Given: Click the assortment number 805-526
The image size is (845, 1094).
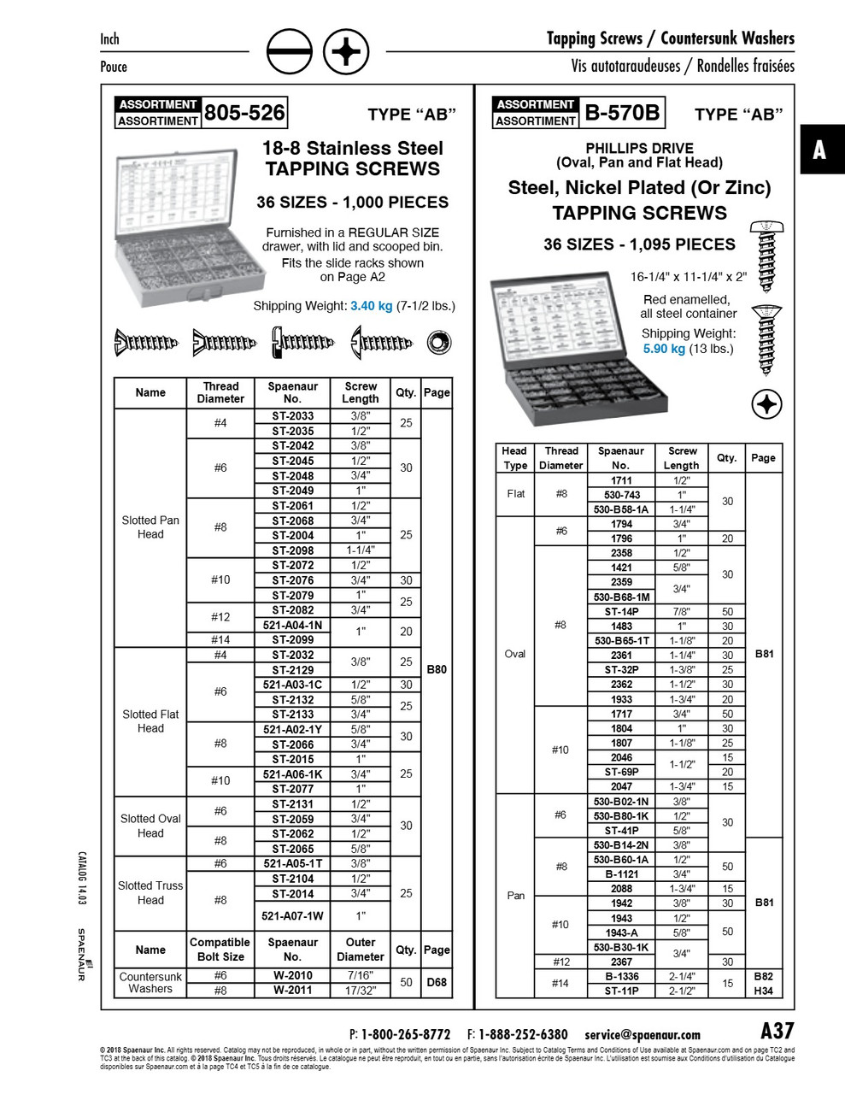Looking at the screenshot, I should click(244, 112).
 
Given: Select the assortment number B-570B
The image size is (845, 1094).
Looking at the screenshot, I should click(622, 112).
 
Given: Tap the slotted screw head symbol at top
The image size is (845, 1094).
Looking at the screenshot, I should click(289, 53).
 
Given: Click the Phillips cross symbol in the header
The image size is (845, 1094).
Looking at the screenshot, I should click(346, 53).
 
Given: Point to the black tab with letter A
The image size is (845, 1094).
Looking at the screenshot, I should click(819, 150).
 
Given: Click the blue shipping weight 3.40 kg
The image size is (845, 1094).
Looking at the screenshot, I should click(371, 306).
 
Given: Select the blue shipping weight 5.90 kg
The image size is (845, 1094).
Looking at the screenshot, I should click(664, 349).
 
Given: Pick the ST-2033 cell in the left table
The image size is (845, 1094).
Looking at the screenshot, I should click(292, 416).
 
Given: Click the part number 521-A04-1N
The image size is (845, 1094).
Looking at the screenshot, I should click(292, 626).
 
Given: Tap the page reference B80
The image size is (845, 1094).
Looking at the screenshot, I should click(436, 669).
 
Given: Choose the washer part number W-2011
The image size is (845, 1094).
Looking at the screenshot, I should click(292, 990).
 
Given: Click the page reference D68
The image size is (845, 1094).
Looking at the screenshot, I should click(436, 982).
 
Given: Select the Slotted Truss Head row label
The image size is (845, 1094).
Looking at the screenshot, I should click(150, 893).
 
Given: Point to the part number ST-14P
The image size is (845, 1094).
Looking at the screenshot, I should click(621, 611).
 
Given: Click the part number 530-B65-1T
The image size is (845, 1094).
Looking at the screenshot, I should click(621, 640).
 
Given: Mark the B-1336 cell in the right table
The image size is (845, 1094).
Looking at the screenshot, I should click(621, 976).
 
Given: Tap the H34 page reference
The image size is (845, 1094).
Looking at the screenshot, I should click(763, 991).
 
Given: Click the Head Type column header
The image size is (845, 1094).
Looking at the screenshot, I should click(515, 458).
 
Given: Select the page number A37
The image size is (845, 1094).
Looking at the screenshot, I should click(777, 1030).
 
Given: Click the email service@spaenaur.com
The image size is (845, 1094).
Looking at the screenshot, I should click(643, 1034).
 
